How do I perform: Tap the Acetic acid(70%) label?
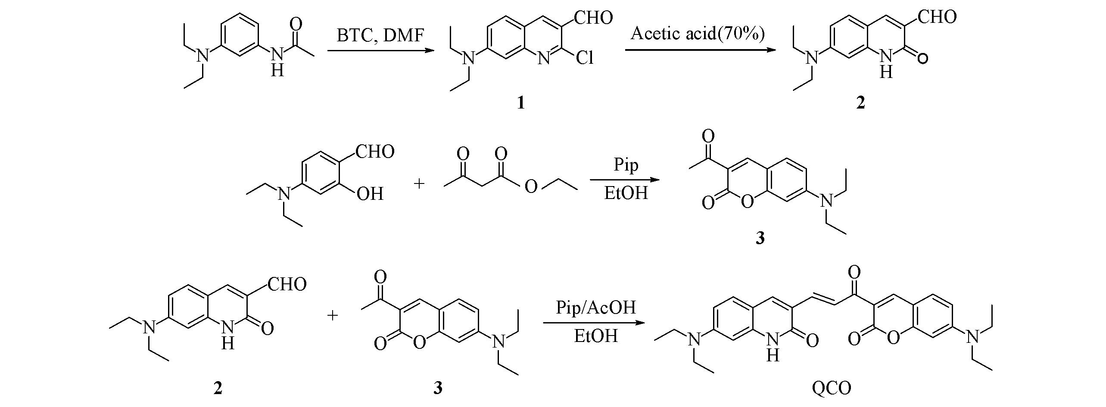point(698,33)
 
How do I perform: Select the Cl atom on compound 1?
point(585,58)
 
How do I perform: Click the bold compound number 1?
point(521,103)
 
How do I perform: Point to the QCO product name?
point(831,389)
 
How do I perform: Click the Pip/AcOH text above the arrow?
point(596,307)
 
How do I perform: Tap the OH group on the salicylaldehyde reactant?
point(370,194)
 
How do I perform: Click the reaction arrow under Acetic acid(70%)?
point(701,50)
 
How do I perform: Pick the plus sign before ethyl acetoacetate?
point(419,184)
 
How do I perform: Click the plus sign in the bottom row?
point(332,316)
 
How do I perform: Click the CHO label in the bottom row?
point(287,284)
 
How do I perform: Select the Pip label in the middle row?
point(626,165)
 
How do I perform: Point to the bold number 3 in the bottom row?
point(438,388)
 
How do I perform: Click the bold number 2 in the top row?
point(860,103)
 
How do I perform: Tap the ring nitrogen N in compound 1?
point(545,58)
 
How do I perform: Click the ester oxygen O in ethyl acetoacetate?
point(531,186)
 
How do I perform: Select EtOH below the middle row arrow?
point(626,193)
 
